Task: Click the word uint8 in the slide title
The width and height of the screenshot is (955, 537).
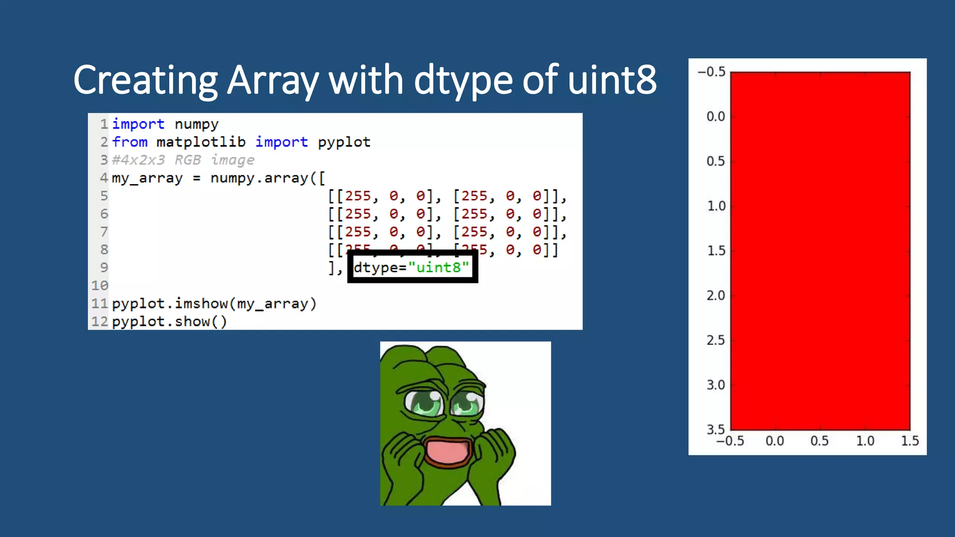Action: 612,80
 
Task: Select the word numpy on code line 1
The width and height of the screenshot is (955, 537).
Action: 196,124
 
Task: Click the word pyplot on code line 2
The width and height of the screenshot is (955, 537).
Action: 344,142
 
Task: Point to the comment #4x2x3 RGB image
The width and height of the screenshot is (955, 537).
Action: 183,160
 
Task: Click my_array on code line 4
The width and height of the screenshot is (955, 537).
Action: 147,178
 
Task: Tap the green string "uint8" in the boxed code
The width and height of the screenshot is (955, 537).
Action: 438,267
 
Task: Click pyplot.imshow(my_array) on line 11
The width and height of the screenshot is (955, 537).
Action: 214,303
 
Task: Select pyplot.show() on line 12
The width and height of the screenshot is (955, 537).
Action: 169,322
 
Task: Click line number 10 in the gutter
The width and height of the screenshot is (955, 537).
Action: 99,285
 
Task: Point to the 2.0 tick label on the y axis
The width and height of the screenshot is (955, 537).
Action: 716,296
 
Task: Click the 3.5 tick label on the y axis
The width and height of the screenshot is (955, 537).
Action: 716,429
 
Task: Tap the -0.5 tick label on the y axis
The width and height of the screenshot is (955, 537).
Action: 712,72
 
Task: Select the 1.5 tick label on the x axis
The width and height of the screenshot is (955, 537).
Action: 910,441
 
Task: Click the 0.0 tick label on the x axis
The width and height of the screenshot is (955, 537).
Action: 775,441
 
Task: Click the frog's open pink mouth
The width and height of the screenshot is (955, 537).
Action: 447,451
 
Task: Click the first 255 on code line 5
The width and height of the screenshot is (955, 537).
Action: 358,196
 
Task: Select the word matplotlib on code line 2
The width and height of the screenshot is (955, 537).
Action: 201,142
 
